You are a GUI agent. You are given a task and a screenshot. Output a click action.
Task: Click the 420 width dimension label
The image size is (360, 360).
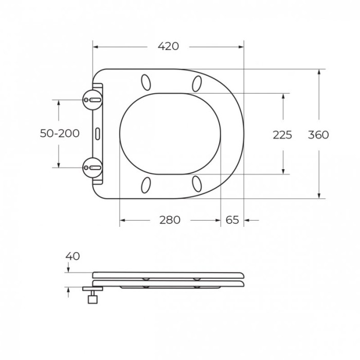pyautogui.click(x=168, y=46)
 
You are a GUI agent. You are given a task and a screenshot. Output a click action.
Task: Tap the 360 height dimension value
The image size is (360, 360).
pyautogui.click(x=318, y=135)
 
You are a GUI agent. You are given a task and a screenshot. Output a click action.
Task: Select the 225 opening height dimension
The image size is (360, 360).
pyautogui.click(x=282, y=135)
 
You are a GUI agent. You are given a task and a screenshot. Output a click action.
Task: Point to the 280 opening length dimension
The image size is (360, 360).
pyautogui.click(x=170, y=220)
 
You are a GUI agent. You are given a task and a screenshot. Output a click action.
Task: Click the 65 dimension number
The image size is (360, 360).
pyautogui.click(x=232, y=220)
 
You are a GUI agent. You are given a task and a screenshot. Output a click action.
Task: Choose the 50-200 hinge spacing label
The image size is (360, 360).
pyautogui.click(x=60, y=133)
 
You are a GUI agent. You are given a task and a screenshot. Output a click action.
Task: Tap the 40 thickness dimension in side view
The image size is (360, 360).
pyautogui.click(x=73, y=256)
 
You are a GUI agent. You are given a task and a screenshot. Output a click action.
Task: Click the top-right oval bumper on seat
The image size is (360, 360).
pyautogui.click(x=196, y=83)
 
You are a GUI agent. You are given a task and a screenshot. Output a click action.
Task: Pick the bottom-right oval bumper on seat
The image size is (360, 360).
pyautogui.click(x=196, y=184)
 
